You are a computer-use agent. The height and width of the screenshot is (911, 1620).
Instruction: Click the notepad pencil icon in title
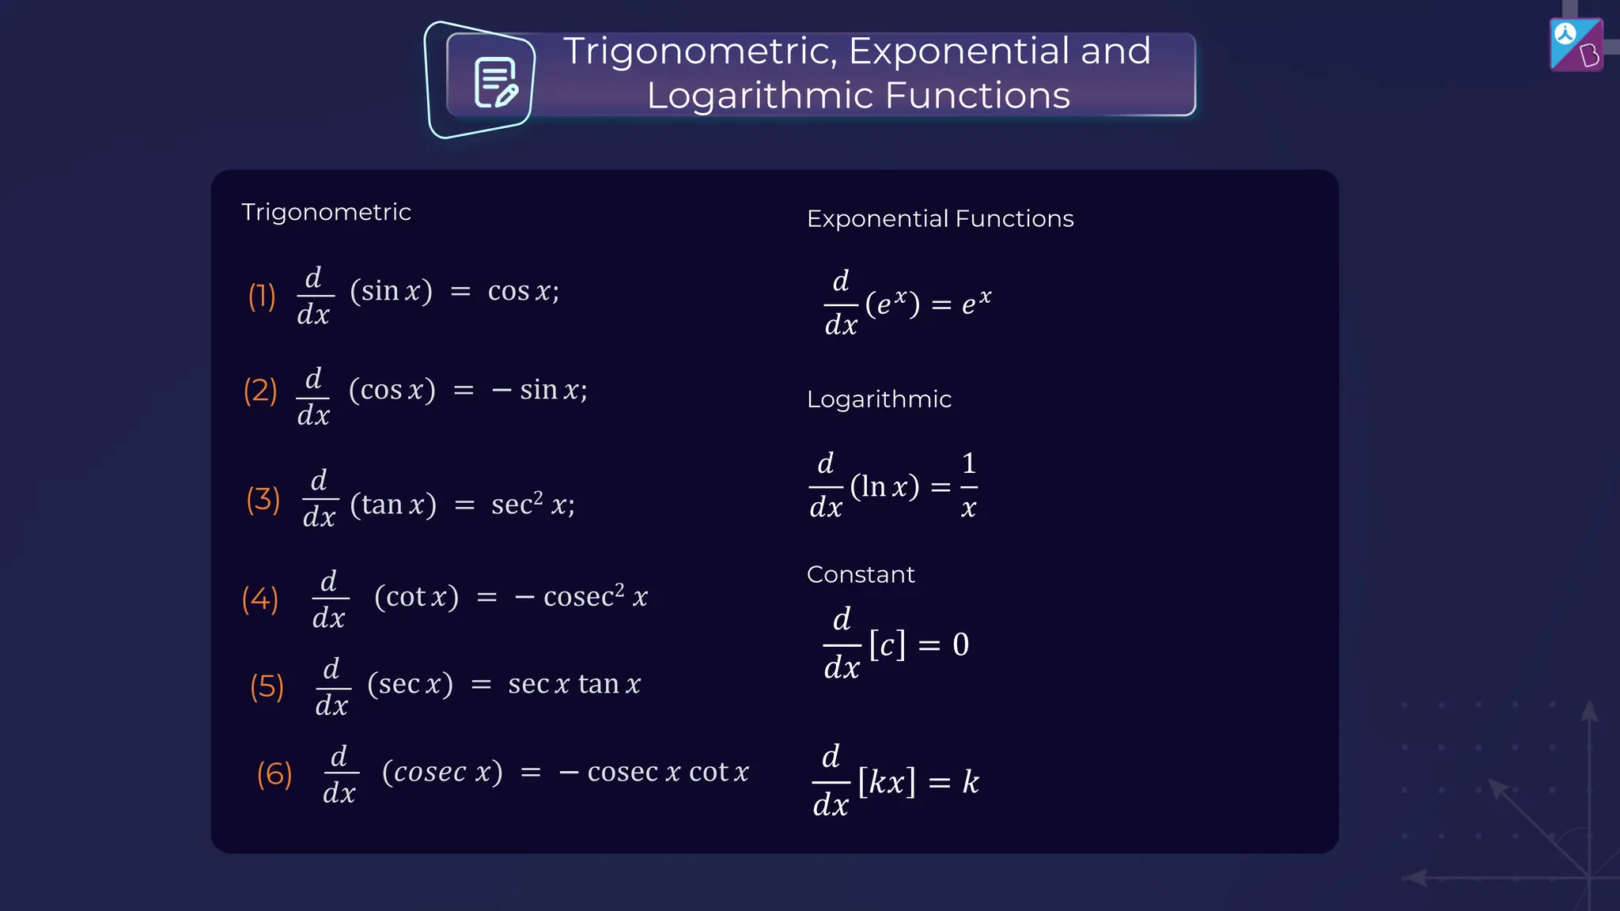coord(495,82)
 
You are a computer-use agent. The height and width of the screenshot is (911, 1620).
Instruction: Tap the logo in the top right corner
coord(1576,44)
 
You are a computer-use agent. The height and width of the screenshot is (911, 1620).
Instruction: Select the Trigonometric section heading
coord(326,212)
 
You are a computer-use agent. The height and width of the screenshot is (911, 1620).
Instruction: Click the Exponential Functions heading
coord(940,218)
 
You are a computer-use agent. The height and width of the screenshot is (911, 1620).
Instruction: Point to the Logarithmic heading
coord(879,399)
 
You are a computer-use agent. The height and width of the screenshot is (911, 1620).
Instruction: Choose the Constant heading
coord(861,574)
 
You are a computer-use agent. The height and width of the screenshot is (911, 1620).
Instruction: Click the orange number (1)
coord(262,297)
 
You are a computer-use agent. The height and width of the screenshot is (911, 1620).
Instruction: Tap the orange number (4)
coord(260,599)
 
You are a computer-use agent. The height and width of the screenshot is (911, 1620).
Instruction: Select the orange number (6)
coord(274,773)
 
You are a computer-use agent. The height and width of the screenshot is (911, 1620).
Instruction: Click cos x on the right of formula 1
coord(521,291)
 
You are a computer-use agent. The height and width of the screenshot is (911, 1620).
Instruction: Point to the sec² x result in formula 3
coord(532,504)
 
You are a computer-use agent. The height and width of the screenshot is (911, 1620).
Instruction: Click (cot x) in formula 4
coord(416,596)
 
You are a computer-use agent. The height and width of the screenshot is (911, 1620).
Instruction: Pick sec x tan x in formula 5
coord(573,684)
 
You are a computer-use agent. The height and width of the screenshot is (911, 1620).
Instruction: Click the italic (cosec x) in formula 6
coord(442,771)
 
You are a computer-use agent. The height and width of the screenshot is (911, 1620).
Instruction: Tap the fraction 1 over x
coord(968,485)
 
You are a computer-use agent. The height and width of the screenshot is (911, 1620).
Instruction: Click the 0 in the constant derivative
coord(960,645)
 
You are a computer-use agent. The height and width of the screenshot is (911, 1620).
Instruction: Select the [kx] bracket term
coord(887,782)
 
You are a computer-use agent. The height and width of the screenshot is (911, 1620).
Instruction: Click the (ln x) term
coord(884,486)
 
